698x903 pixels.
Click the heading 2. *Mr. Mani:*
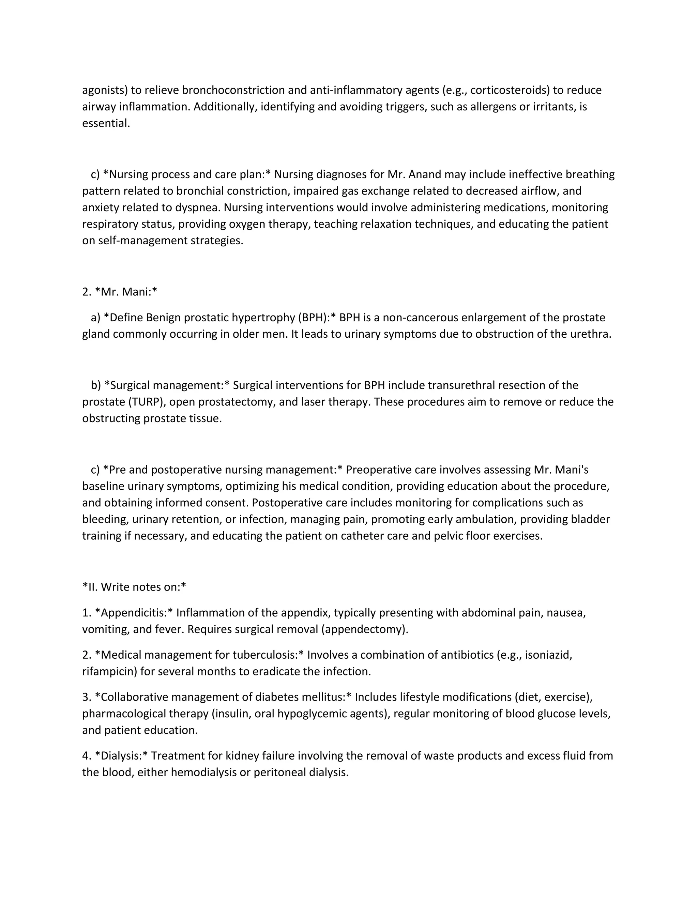pyautogui.click(x=120, y=292)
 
